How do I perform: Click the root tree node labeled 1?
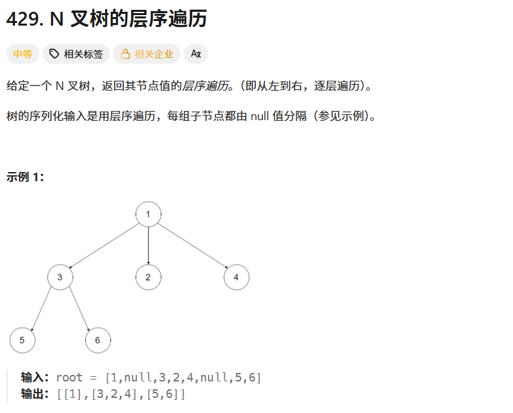pyautogui.click(x=148, y=214)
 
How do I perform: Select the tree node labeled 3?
pyautogui.click(x=60, y=277)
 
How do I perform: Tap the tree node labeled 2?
pyautogui.click(x=148, y=277)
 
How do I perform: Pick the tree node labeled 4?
pyautogui.click(x=236, y=277)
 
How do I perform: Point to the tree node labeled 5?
pyautogui.click(x=22, y=340)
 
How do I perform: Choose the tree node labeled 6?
pyautogui.click(x=98, y=340)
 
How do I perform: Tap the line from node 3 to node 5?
pyautogui.click(x=41, y=309)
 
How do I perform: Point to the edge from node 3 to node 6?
pyautogui.click(x=79, y=309)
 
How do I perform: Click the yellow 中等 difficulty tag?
pyautogui.click(x=22, y=54)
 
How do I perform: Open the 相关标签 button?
pyautogui.click(x=76, y=54)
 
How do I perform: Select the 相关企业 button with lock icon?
pyautogui.click(x=146, y=54)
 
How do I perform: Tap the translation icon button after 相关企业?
pyautogui.click(x=195, y=54)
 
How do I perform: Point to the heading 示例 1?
pyautogui.click(x=25, y=177)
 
